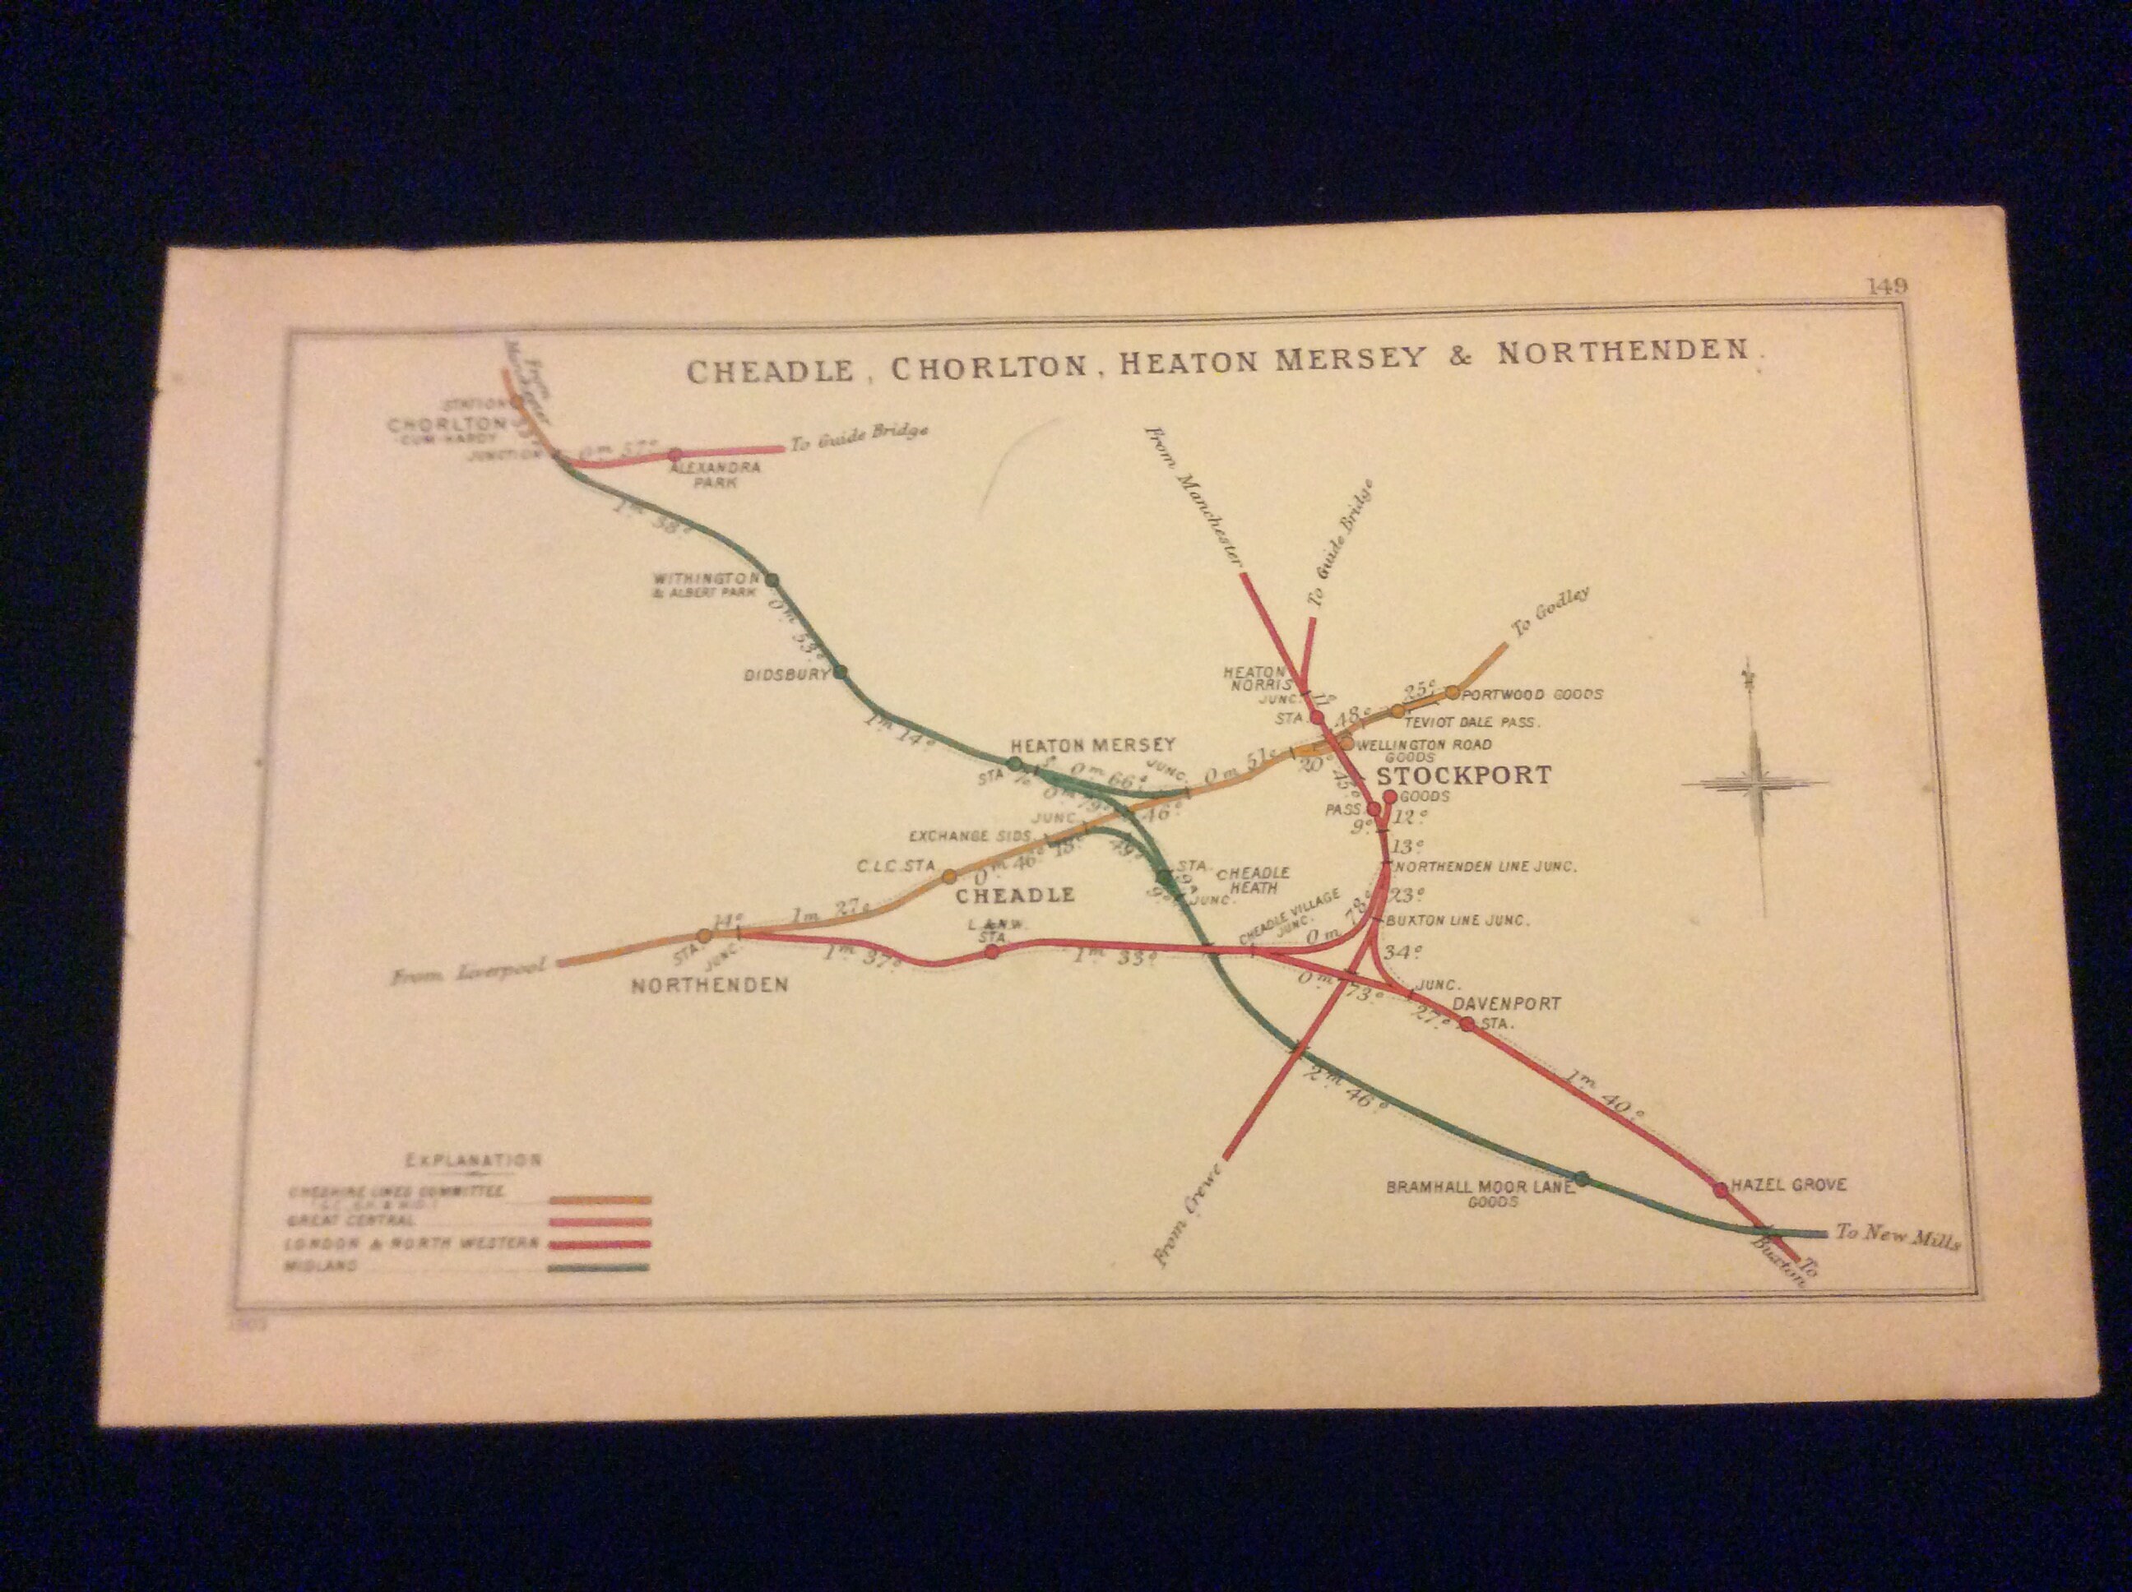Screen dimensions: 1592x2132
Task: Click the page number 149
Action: point(1887,286)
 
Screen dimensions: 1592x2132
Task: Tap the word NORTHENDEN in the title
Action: point(1622,351)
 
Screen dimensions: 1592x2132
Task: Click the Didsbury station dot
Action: point(840,673)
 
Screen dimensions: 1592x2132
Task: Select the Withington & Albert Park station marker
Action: point(771,580)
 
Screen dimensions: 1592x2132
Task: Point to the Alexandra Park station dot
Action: point(674,454)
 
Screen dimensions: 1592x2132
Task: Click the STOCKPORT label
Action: point(1463,775)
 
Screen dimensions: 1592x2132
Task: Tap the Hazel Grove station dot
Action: point(1721,1189)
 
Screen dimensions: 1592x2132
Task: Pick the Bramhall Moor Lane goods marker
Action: point(1581,1178)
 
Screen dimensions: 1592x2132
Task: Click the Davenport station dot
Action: point(1467,1024)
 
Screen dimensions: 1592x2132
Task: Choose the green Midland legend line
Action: point(598,1268)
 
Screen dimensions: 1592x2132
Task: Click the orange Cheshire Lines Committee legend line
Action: point(600,1201)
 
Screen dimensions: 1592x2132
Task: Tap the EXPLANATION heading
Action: point(472,1159)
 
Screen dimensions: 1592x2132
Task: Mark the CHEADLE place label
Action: point(1014,895)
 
